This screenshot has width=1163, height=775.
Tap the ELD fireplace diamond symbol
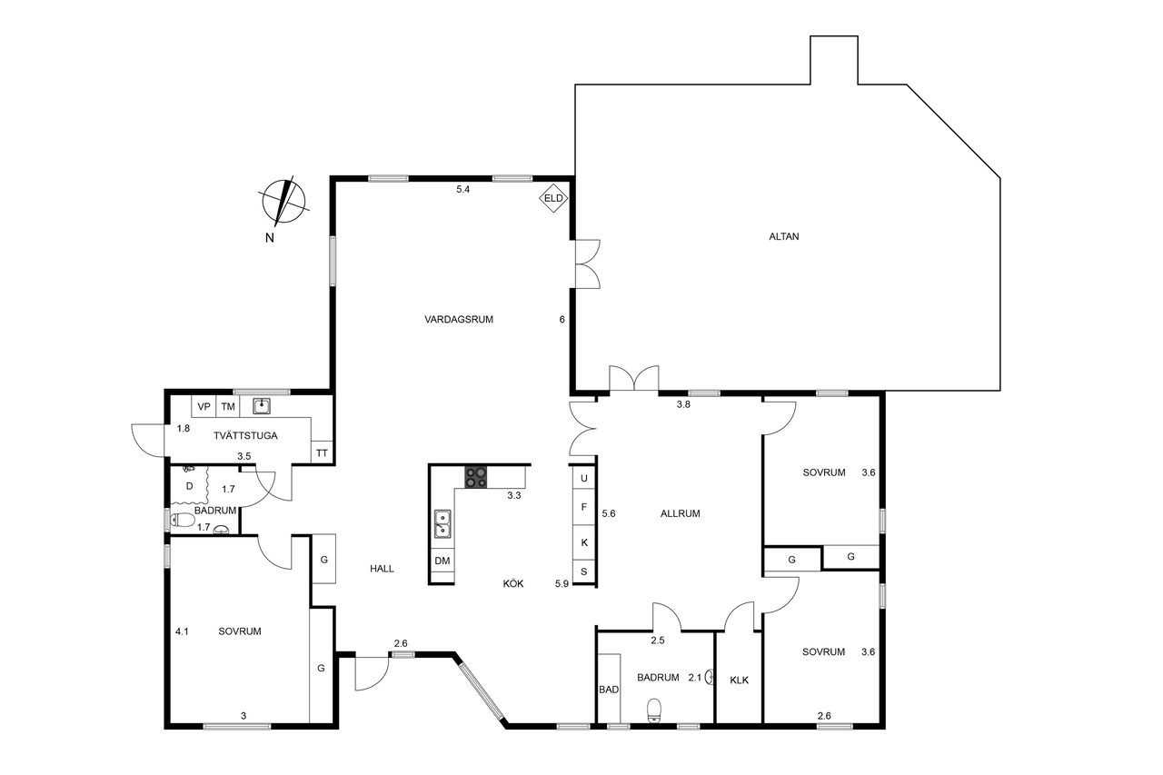point(553,198)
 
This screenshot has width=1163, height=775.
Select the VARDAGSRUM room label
point(459,320)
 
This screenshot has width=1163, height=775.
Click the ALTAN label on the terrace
point(783,237)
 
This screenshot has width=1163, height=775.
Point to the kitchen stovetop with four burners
point(475,477)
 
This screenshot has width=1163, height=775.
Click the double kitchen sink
point(442,523)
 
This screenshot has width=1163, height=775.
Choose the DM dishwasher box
point(442,561)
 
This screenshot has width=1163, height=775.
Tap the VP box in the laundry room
point(204,406)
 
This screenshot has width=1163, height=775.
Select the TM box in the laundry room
point(228,406)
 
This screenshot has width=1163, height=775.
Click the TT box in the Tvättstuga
point(322,452)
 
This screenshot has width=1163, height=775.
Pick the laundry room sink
point(261,405)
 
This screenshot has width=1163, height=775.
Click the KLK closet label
point(739,680)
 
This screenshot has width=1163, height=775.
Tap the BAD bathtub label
point(609,690)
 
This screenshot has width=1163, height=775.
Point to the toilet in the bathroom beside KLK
point(654,710)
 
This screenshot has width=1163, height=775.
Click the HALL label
point(382,569)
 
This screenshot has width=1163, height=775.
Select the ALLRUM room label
point(681,513)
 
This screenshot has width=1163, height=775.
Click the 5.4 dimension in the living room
point(462,190)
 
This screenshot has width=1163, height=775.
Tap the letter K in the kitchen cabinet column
point(584,542)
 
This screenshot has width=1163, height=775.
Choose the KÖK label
point(513,583)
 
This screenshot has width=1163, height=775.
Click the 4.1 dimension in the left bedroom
point(182,631)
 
